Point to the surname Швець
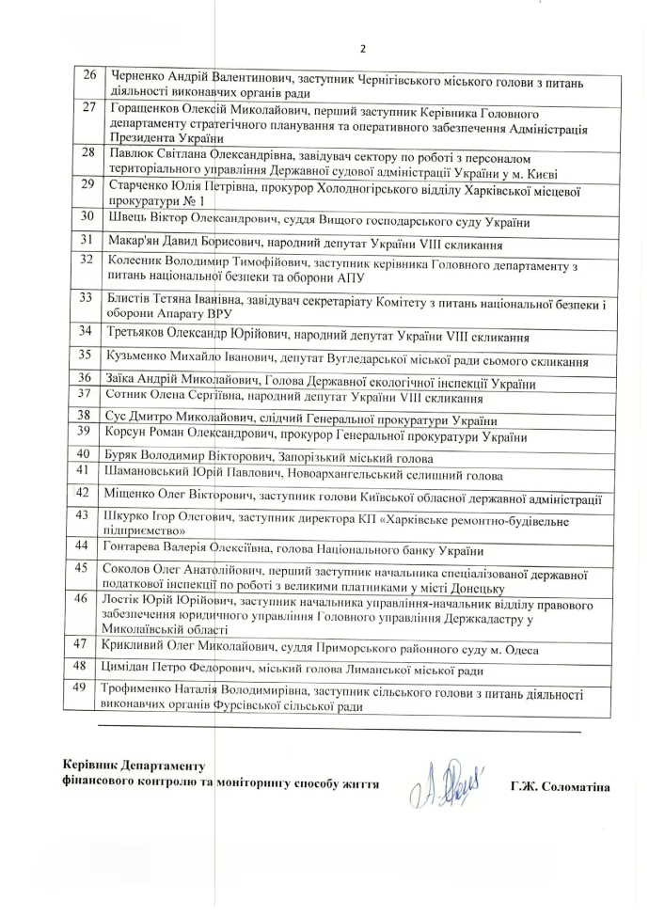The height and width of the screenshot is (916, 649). pos(128,222)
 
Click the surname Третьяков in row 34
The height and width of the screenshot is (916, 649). pos(143,335)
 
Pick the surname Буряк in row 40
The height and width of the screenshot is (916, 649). pos(128,458)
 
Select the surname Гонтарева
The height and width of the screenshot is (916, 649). pos(139,550)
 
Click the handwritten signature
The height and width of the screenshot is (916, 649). pos(446,783)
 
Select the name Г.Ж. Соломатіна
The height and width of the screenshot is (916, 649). pos(561,786)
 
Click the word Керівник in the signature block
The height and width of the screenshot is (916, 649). pos(91,766)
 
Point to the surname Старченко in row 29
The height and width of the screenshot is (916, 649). pos(140,184)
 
